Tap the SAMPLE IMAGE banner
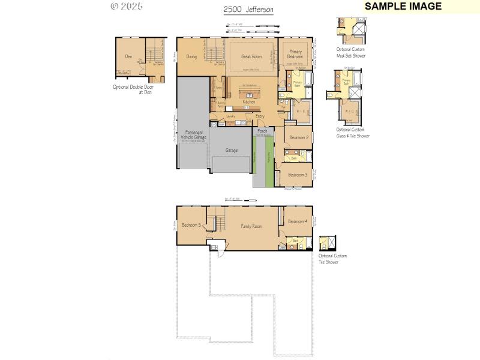403,7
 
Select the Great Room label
251,57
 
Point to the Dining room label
191,57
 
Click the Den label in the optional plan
128,56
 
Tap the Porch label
262,131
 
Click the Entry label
260,116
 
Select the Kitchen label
249,102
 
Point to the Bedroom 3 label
298,175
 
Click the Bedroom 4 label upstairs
298,221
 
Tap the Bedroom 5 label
191,225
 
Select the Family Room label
251,226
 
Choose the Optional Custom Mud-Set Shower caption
350,53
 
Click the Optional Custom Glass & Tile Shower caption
352,133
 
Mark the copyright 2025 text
127,7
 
